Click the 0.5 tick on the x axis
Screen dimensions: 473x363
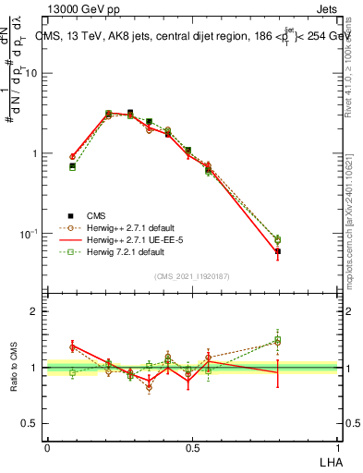point(192,448)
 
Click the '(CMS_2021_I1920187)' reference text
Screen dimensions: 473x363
point(192,275)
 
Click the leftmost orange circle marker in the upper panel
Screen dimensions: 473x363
point(73,157)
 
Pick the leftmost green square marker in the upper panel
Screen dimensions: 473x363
point(73,167)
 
